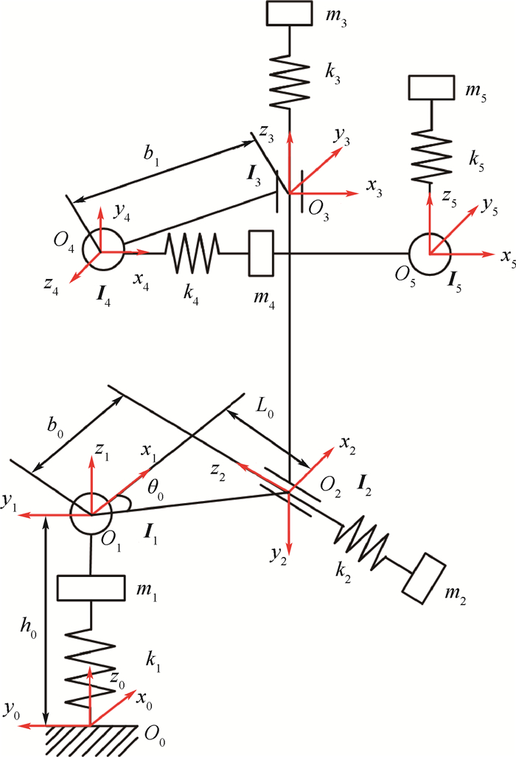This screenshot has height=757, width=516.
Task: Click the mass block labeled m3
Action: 290,14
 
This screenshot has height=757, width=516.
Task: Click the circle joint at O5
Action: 429,253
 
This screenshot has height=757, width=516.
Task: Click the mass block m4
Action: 262,253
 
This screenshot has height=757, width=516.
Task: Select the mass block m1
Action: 89,588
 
